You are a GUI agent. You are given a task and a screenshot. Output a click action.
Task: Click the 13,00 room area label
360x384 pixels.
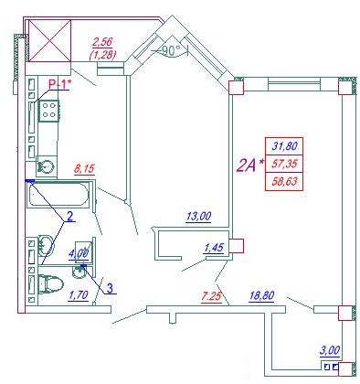(198, 217)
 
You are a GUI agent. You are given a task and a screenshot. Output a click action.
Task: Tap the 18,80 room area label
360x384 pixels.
(261, 295)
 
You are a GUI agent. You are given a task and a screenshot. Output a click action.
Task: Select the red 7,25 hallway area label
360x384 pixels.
(211, 296)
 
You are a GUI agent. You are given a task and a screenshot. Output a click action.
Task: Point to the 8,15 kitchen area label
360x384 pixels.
(85, 168)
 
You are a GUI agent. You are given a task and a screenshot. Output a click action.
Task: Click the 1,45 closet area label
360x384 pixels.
(214, 248)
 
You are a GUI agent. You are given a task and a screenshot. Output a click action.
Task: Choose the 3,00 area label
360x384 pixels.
(330, 350)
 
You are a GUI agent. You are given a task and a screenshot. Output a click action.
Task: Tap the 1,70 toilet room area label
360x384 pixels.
(79, 295)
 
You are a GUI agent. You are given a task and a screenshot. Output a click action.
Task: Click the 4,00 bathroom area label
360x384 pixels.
(79, 254)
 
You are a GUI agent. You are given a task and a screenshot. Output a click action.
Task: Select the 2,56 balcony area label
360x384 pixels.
(102, 42)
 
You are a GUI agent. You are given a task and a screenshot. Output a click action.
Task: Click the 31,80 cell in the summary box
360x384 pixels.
(284, 146)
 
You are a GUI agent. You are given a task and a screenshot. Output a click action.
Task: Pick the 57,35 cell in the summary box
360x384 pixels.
(284, 164)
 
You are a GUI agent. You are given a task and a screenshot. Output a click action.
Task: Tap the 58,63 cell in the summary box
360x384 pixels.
(284, 182)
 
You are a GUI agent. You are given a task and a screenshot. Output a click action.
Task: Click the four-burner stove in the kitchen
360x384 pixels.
(48, 111)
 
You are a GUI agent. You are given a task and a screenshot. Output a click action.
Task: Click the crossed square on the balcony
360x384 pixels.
(49, 41)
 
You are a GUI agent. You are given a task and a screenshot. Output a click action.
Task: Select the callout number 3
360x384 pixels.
(111, 288)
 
